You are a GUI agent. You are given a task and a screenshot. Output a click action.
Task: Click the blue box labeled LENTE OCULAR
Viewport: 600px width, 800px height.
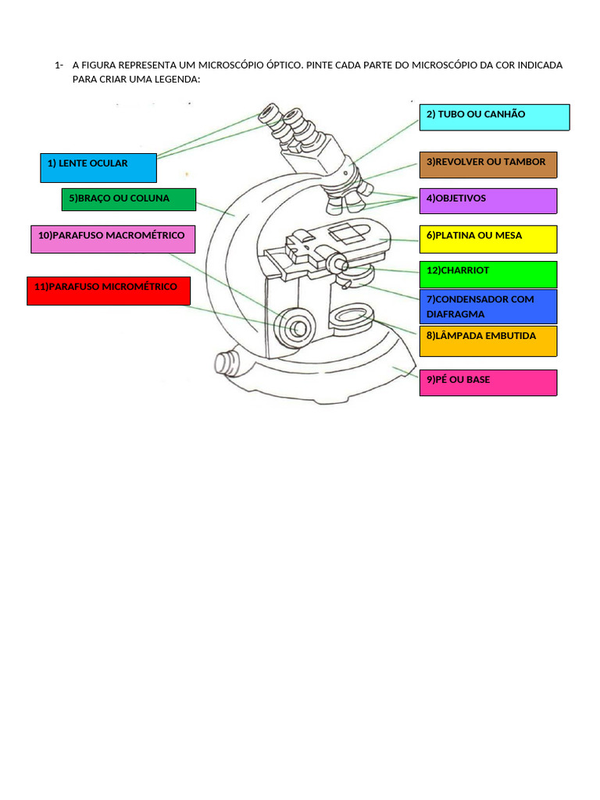pyautogui.click(x=98, y=167)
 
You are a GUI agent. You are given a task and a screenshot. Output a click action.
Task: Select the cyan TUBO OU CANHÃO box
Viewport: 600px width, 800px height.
pyautogui.click(x=495, y=117)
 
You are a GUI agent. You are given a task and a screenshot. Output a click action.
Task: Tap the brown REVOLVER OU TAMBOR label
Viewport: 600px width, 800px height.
pyautogui.click(x=488, y=165)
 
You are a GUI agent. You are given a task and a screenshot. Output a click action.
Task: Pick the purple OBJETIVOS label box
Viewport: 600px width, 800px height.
pyautogui.click(x=488, y=201)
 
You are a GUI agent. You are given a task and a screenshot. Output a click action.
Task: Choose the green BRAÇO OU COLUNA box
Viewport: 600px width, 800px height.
pyautogui.click(x=129, y=199)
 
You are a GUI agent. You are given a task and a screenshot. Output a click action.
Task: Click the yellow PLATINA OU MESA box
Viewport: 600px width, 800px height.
pyautogui.click(x=488, y=239)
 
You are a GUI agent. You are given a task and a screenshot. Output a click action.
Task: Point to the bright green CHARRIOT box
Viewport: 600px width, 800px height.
pyautogui.click(x=488, y=274)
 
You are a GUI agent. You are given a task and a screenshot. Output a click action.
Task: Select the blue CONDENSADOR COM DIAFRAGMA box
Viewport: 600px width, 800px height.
pyautogui.click(x=488, y=306)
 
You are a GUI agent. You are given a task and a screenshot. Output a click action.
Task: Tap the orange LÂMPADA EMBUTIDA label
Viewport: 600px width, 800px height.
pyautogui.click(x=488, y=341)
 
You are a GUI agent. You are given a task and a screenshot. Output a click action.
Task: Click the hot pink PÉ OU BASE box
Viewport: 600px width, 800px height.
pyautogui.click(x=488, y=383)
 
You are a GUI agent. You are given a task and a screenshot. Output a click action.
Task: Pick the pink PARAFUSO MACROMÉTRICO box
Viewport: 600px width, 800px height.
pyautogui.click(x=112, y=239)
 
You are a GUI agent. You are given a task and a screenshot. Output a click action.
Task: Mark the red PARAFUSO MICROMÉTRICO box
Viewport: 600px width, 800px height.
pyautogui.click(x=109, y=291)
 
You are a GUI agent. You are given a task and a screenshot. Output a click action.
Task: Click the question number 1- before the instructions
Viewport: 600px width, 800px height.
pyautogui.click(x=59, y=65)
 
